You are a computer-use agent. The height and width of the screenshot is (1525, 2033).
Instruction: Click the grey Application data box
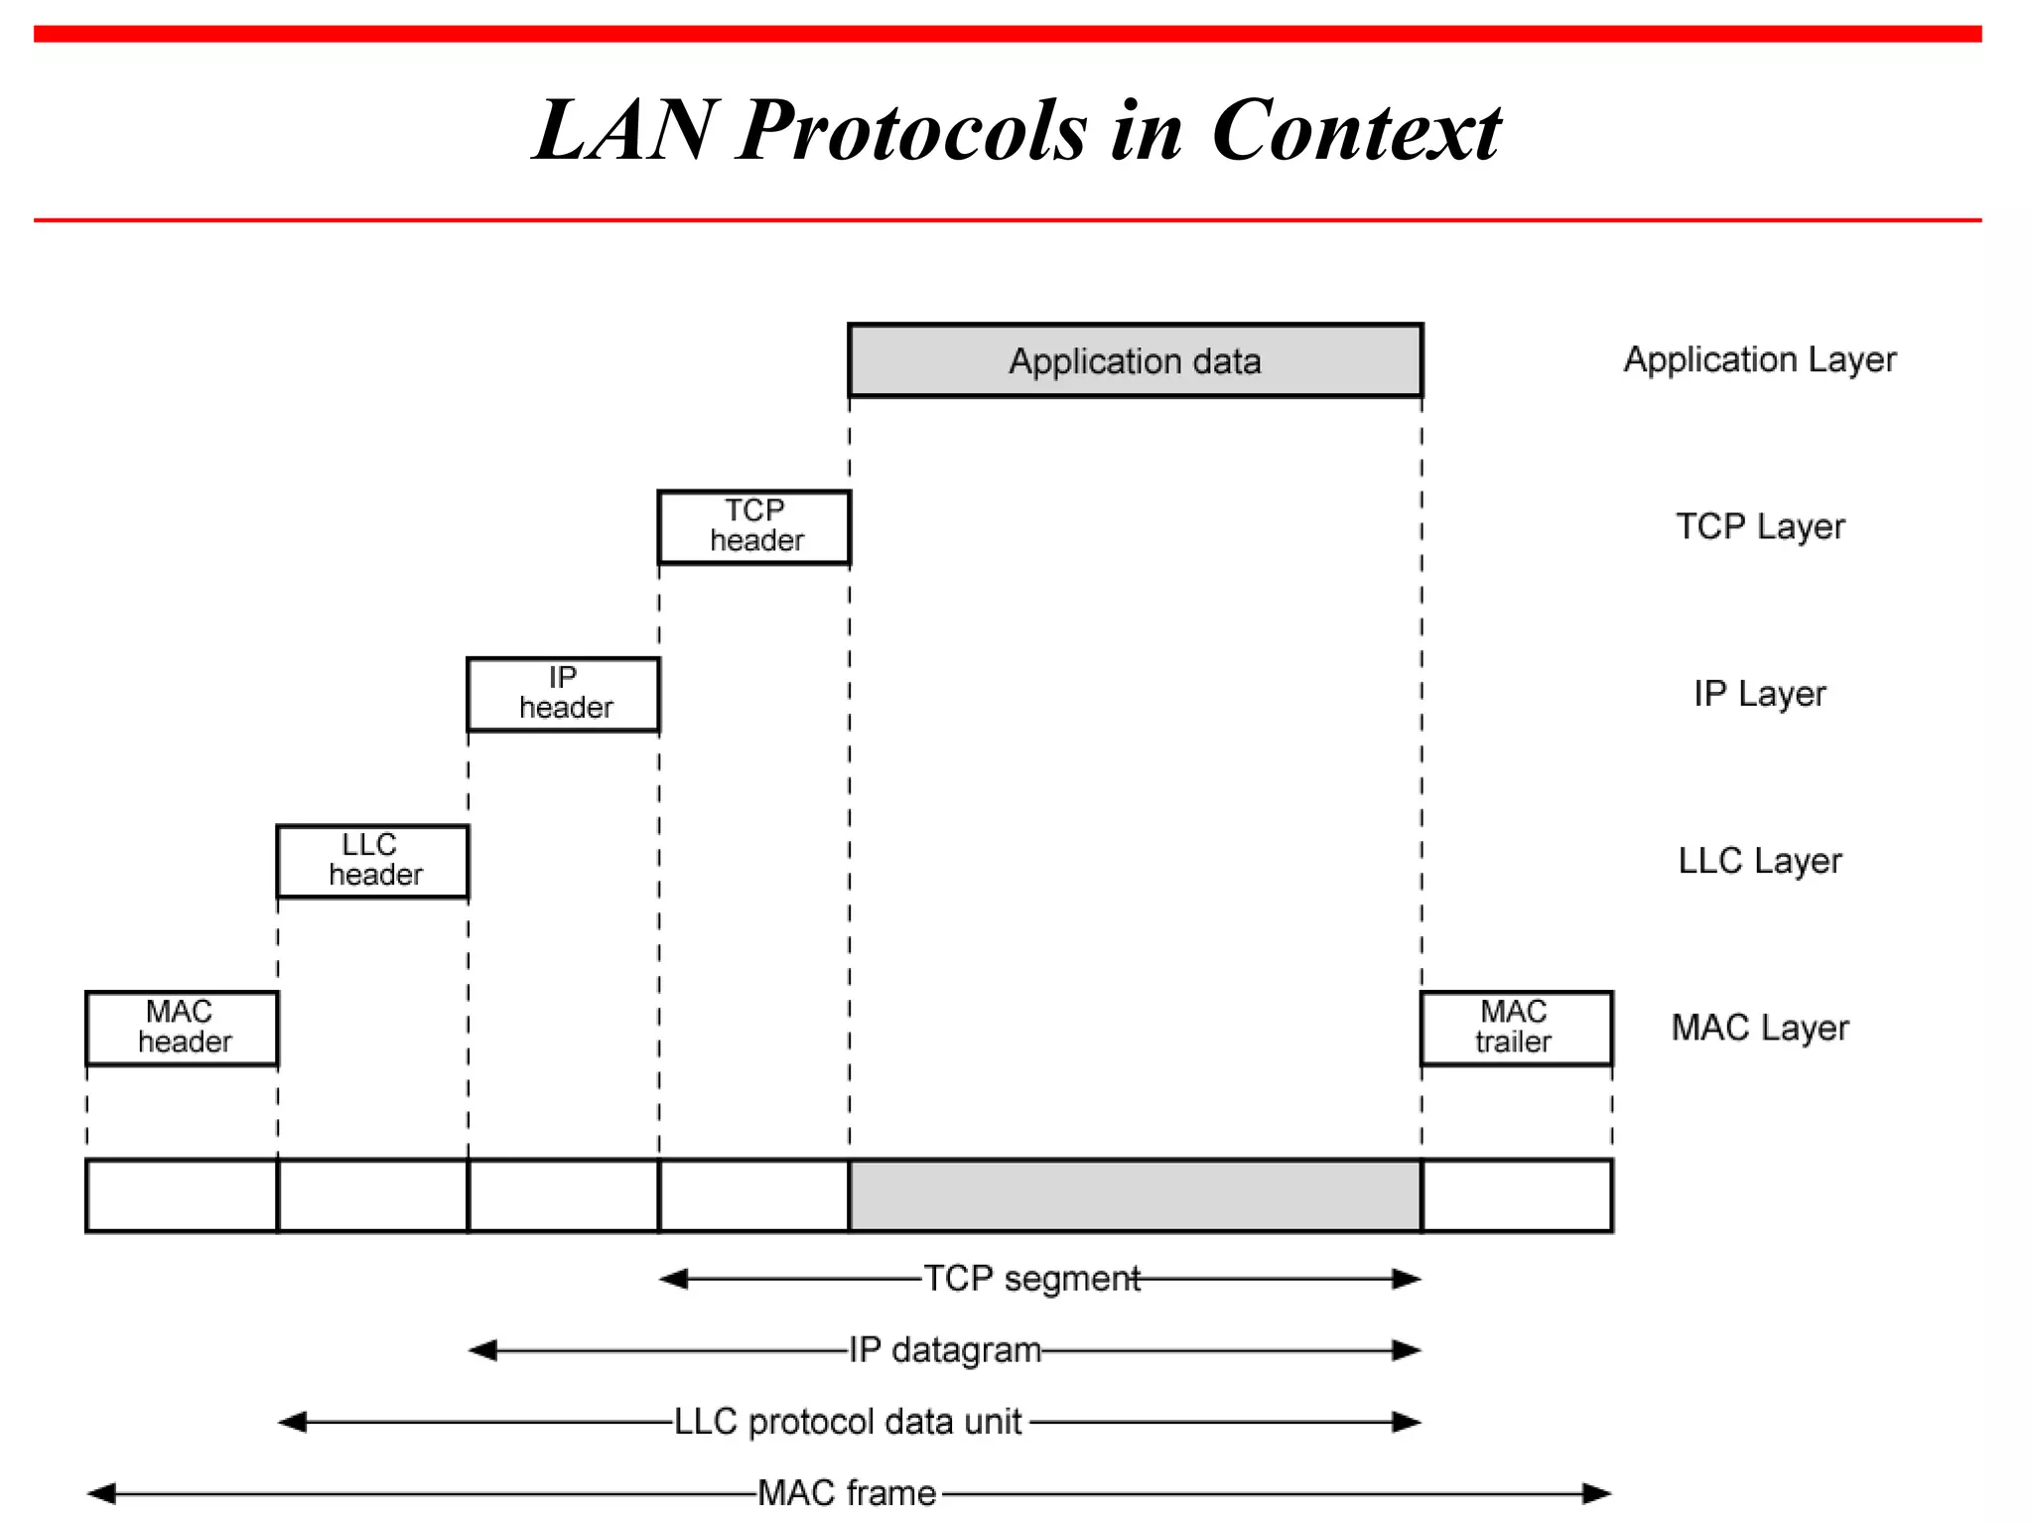click(1135, 360)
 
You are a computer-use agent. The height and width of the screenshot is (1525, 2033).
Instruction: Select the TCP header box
click(754, 526)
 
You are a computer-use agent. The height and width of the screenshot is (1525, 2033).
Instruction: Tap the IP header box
click(563, 694)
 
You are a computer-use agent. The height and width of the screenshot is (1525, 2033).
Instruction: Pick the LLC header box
click(372, 861)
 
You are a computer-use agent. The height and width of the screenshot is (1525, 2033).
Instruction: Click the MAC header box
click(182, 1028)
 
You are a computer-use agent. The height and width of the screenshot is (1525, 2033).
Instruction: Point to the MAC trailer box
click(1516, 1028)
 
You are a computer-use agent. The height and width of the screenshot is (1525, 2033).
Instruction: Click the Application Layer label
click(1759, 359)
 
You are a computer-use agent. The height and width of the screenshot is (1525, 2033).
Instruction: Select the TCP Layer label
click(1760, 526)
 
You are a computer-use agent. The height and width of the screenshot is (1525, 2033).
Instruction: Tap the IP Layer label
click(1759, 693)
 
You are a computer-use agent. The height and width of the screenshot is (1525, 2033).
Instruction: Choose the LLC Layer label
click(1760, 861)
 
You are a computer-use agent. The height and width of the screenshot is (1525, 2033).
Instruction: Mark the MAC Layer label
click(1760, 1028)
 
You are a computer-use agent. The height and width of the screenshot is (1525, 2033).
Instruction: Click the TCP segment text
click(1031, 1279)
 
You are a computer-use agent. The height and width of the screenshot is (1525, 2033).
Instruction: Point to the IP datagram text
click(945, 1350)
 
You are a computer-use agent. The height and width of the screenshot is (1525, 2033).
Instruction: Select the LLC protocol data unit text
click(849, 1422)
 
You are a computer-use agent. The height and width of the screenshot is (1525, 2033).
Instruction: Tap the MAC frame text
click(847, 1492)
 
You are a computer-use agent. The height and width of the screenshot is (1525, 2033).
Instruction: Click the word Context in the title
click(1356, 131)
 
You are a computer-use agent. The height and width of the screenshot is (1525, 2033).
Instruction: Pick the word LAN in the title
click(623, 131)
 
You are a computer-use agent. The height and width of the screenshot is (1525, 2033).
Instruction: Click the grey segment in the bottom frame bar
click(1135, 1195)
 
